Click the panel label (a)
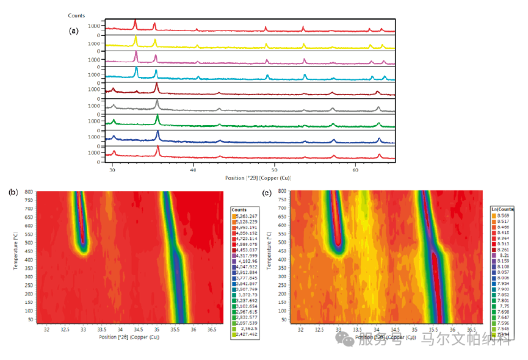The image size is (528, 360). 74,30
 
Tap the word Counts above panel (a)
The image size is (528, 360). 76,15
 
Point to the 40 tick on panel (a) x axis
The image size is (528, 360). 193,171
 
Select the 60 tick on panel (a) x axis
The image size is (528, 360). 355,171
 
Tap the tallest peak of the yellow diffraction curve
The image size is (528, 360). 136,38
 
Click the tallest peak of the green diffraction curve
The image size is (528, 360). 157,116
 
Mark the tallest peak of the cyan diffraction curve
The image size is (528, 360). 136,69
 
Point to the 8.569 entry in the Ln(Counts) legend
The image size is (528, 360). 503,216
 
